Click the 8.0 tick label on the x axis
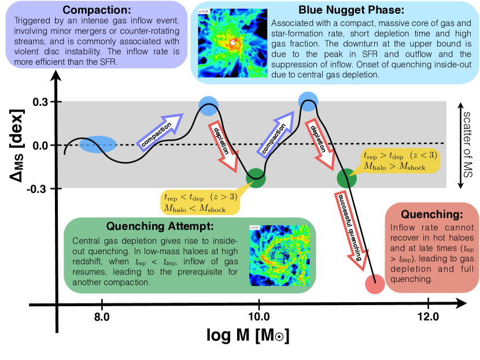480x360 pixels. pos(102,317)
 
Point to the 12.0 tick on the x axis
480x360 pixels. pos(427,317)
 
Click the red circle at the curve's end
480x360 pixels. pos(375,284)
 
